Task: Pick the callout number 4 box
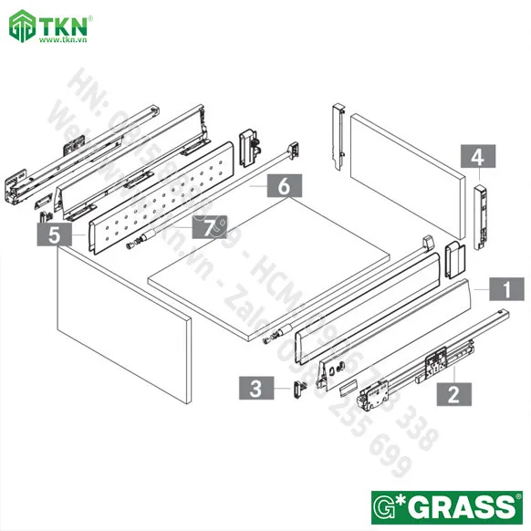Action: point(475,157)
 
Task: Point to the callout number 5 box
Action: point(55,235)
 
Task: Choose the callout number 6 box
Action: point(284,185)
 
